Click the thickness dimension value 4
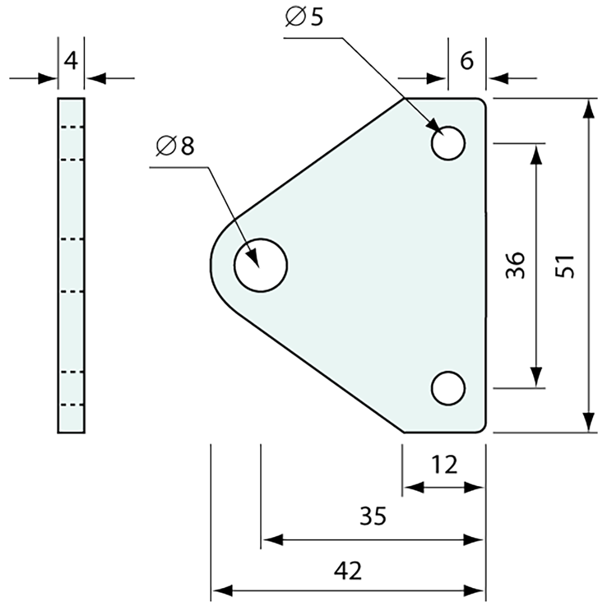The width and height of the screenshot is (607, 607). (x=71, y=60)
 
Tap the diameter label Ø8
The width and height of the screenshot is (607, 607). (x=175, y=146)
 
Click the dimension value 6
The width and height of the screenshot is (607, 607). (x=467, y=61)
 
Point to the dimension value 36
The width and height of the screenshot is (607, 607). (x=515, y=265)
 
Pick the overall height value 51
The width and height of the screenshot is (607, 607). (x=566, y=266)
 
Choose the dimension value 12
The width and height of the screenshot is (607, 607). (x=444, y=466)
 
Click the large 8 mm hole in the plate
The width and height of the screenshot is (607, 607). (x=261, y=265)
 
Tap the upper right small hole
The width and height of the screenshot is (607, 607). (x=448, y=143)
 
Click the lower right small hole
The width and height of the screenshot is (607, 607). (x=448, y=388)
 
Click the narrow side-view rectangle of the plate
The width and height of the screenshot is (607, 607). (x=71, y=265)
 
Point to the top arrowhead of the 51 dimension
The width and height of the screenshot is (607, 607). (x=589, y=108)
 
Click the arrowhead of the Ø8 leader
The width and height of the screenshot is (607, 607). (x=253, y=258)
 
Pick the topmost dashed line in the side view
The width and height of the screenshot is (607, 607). (x=71, y=127)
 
